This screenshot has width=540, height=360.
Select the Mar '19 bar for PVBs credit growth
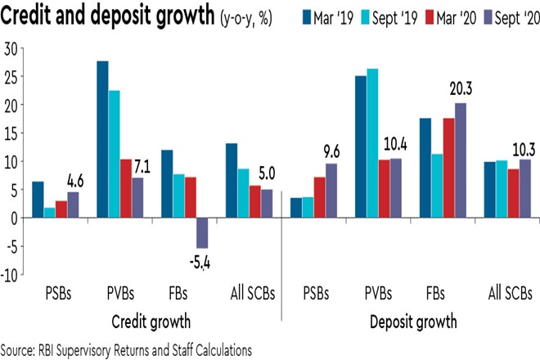tap(103, 139)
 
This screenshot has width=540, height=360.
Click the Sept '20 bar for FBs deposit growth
tap(461, 160)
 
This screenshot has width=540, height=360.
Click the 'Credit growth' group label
tap(142, 317)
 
